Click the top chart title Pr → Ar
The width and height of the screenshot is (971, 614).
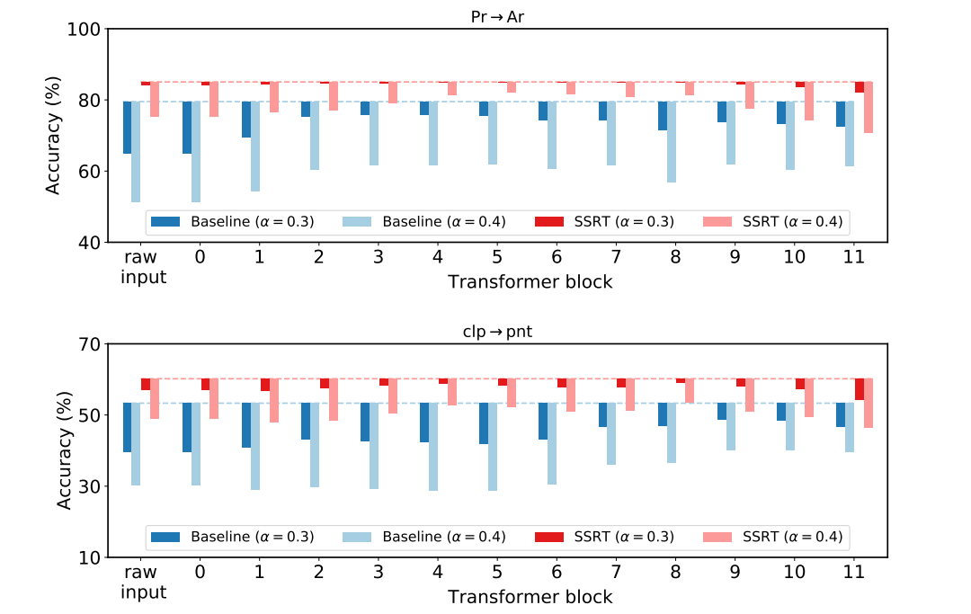pos(497,16)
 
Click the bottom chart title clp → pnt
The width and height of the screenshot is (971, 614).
pos(497,332)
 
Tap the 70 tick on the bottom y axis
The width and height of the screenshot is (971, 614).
pos(88,344)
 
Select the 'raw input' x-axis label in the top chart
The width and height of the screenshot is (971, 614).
pos(144,266)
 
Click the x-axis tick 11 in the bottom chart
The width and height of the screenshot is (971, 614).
pos(853,571)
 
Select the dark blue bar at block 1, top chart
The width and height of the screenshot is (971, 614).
pos(246,119)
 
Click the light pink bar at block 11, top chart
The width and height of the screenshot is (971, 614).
pos(868,107)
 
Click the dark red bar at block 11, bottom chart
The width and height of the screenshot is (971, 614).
pos(860,388)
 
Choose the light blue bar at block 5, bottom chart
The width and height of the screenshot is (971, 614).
pos(493,446)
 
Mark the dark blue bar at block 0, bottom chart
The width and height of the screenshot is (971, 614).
pos(187,427)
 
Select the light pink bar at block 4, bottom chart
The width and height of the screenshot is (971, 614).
pos(452,391)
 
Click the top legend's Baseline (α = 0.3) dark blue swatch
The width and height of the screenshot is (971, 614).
pos(166,221)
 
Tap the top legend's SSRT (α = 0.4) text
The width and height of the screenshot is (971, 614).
pos(792,221)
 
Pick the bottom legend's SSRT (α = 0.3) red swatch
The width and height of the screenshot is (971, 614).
pos(549,537)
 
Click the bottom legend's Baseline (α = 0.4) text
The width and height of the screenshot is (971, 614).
pos(444,537)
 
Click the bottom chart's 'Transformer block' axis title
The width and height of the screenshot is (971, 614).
pos(530,597)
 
